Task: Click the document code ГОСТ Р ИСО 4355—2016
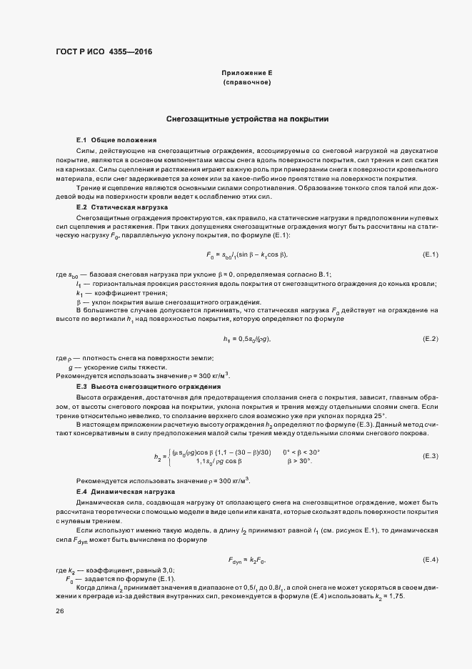point(104,52)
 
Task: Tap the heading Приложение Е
point(247,74)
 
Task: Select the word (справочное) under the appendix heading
point(247,83)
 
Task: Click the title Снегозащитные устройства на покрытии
point(247,119)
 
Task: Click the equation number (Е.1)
point(431,254)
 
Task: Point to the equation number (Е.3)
point(431,455)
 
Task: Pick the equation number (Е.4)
point(431,558)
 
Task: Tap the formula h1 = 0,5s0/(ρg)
point(247,338)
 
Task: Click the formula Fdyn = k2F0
point(247,559)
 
